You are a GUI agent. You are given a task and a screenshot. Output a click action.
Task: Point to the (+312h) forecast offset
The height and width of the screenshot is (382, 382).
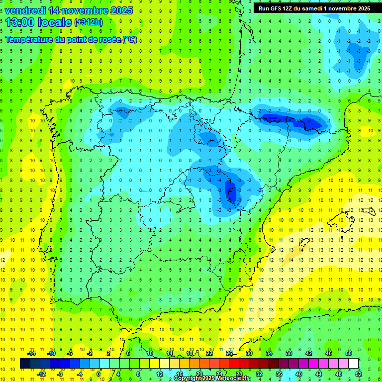click(88, 22)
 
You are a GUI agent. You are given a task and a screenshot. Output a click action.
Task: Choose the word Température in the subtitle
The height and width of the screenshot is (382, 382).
click(29, 40)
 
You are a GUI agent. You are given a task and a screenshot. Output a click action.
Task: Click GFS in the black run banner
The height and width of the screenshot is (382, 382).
click(276, 8)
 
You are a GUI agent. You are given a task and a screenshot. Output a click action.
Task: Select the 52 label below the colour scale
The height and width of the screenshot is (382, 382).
click(359, 374)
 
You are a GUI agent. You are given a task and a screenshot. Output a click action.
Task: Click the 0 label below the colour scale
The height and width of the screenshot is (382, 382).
click(98, 374)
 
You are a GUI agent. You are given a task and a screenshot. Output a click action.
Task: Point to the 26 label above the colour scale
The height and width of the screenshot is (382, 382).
click(229, 353)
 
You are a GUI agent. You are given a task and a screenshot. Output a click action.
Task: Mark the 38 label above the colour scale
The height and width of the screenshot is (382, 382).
click(289, 353)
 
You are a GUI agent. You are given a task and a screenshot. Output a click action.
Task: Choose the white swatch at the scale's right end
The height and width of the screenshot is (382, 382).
click(354, 364)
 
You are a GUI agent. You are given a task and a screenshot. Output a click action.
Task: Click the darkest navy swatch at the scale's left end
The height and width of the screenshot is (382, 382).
click(25, 364)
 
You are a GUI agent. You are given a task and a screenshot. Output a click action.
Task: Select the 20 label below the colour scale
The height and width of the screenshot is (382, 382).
click(199, 374)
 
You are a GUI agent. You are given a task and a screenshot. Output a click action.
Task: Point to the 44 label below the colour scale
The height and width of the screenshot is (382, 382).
click(319, 374)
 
